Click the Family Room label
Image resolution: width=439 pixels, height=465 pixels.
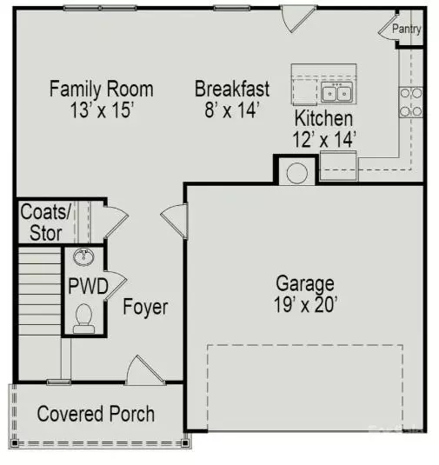pyautogui.click(x=101, y=89)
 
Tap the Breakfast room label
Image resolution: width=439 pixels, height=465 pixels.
pyautogui.click(x=231, y=89)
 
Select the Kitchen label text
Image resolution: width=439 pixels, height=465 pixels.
pyautogui.click(x=323, y=118)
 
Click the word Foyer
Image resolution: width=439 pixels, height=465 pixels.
pyautogui.click(x=145, y=308)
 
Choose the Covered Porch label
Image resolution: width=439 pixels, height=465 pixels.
pyautogui.click(x=96, y=414)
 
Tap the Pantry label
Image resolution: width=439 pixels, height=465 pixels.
pyautogui.click(x=407, y=29)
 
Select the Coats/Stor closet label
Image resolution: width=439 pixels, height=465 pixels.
pyautogui.click(x=41, y=222)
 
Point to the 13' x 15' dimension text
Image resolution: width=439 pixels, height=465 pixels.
pyautogui.click(x=101, y=110)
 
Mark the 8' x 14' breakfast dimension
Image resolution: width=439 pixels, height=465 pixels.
pyautogui.click(x=231, y=110)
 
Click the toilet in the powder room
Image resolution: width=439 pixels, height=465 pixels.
pyautogui.click(x=84, y=318)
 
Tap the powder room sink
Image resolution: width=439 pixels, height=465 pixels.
pyautogui.click(x=85, y=257)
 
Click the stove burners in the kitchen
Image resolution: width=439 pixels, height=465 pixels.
pyautogui.click(x=410, y=102)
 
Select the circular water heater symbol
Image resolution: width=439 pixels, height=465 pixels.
pyautogui.click(x=296, y=172)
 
